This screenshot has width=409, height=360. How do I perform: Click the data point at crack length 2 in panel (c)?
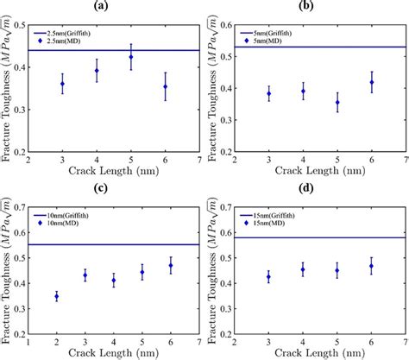(x=56, y=296)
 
